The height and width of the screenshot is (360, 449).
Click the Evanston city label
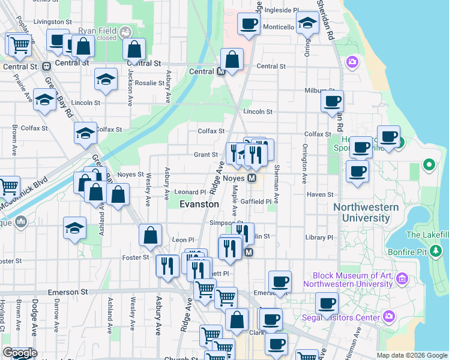199,204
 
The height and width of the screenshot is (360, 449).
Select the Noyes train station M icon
252,179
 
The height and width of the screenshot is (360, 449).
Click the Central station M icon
221,72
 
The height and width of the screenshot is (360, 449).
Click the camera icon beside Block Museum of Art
402,279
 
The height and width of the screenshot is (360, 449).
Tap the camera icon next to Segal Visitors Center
388,316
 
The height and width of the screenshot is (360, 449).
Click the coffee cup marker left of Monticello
248,24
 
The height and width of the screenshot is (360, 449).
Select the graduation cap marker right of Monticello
308,23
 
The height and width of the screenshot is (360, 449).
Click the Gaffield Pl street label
256,202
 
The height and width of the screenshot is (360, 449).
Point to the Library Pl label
319,238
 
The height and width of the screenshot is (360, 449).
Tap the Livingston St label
49,22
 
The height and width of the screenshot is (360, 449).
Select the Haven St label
320,194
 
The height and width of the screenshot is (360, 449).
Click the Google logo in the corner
20,353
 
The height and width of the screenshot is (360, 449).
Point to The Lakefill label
426,235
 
